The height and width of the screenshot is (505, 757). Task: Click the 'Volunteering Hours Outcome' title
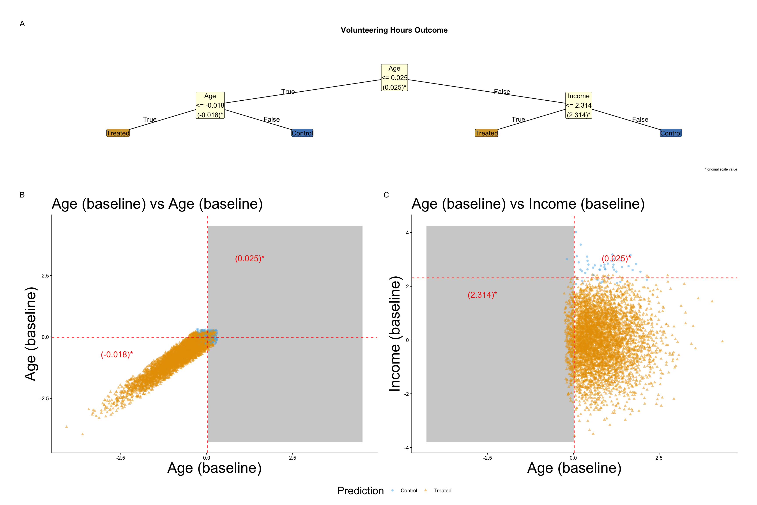click(394, 30)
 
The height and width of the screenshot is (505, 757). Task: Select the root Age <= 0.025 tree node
click(394, 78)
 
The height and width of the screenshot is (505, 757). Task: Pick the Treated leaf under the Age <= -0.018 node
click(118, 133)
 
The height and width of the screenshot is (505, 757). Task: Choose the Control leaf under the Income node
click(670, 133)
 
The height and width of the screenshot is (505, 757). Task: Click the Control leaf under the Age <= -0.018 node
click(302, 133)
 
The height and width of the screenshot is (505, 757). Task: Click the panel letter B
click(22, 195)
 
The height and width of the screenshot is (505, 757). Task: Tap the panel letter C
click(386, 195)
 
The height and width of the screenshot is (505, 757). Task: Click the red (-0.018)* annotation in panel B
click(117, 355)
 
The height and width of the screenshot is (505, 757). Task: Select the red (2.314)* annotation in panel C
click(482, 295)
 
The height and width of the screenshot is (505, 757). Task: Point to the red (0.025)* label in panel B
click(249, 259)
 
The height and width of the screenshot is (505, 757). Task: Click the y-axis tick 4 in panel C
click(407, 233)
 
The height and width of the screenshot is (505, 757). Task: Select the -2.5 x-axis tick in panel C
click(487, 458)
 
